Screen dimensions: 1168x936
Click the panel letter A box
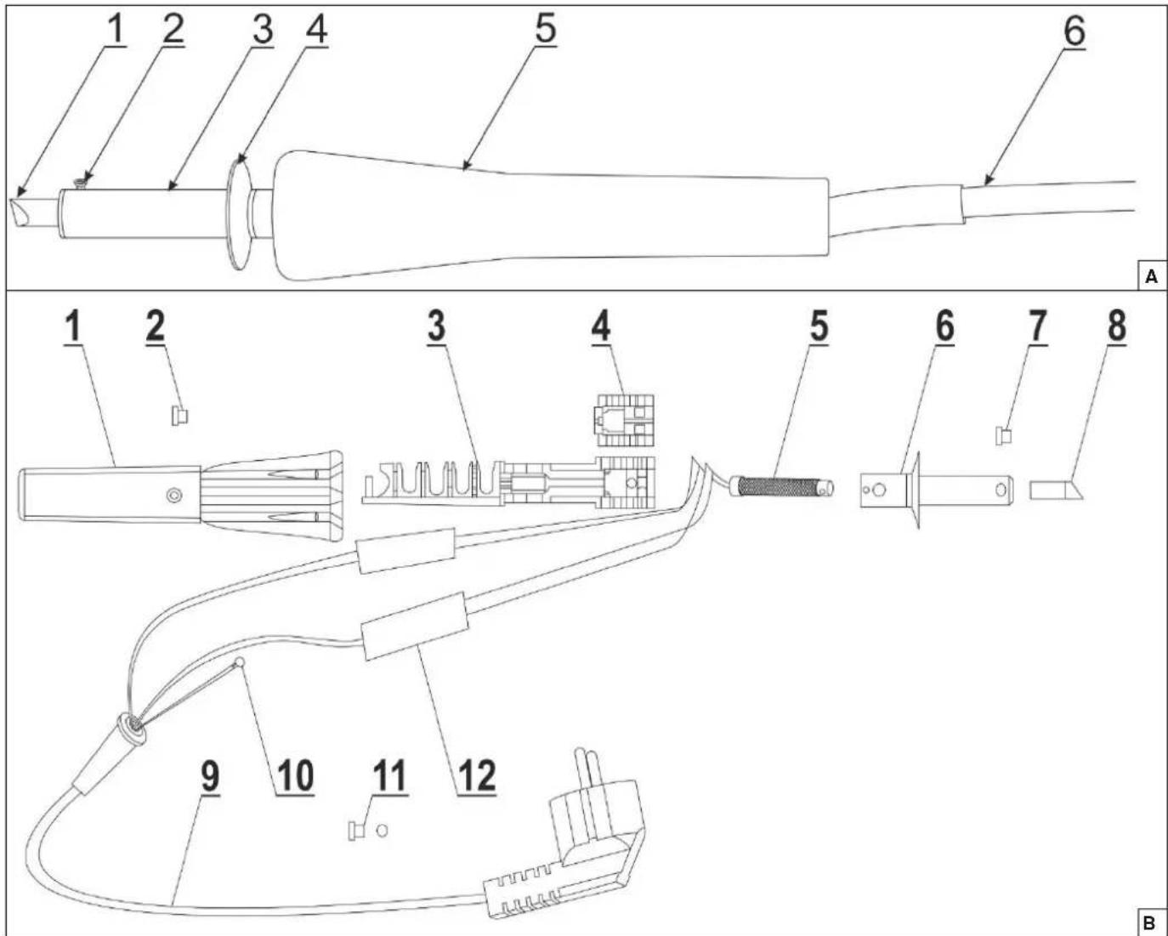[x=1151, y=276]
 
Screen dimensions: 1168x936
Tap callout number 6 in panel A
[x=1074, y=31]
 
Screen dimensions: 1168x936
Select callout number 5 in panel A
[x=546, y=28]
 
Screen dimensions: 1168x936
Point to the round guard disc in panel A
[x=241, y=214]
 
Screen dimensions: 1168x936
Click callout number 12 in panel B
[x=477, y=776]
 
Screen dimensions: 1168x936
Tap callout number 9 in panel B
[x=210, y=775]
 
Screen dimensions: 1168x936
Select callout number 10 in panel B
[x=295, y=776]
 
